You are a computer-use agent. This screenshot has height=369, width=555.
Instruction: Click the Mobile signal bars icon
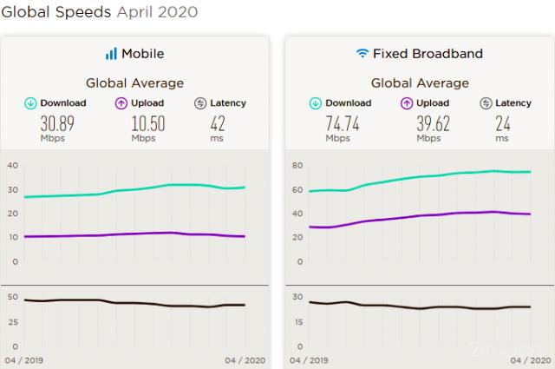(x=111, y=54)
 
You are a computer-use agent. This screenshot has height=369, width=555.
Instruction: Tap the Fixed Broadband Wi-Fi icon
(x=362, y=54)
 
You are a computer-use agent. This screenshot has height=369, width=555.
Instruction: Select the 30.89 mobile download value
(x=57, y=123)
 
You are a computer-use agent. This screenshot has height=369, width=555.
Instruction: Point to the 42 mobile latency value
(x=217, y=123)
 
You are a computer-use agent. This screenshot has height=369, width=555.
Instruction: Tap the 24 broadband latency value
(x=502, y=123)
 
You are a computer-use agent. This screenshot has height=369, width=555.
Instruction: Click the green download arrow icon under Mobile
(x=30, y=103)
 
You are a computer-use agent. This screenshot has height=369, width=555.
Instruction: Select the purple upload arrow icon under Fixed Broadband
(x=406, y=103)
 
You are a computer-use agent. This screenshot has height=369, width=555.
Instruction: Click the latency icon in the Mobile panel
(x=200, y=103)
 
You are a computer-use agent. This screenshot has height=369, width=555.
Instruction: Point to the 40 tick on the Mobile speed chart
(x=12, y=166)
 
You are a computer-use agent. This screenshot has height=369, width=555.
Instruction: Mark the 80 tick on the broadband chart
(x=298, y=166)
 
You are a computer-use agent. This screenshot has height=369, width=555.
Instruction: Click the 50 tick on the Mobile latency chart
(x=12, y=297)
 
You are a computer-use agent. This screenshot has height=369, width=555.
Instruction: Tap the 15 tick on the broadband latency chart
(x=298, y=321)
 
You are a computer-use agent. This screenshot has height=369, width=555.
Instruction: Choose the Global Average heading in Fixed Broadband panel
(x=420, y=83)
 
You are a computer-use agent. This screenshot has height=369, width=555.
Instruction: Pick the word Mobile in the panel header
(x=142, y=54)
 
